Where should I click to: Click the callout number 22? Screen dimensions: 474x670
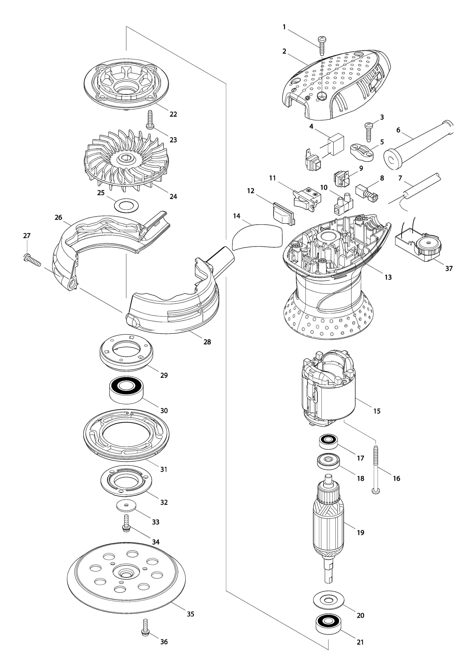coord(173,114)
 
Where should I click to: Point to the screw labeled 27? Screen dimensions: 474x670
coord(32,259)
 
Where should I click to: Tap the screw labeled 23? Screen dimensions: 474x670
coord(150,120)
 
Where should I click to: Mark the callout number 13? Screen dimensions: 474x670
coord(388,277)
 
